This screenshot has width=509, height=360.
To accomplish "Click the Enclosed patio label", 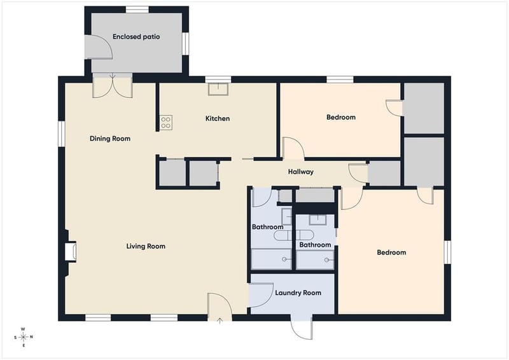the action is click(136, 37).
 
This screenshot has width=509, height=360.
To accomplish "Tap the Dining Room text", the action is click(110, 139).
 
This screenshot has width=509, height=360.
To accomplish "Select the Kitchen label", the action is click(218, 118).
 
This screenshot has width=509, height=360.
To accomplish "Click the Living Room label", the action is click(146, 246).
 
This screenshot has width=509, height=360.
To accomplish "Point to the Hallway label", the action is click(301, 172).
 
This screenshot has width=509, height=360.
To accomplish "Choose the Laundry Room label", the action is click(298, 293).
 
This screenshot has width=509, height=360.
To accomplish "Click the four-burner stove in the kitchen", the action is click(166, 123).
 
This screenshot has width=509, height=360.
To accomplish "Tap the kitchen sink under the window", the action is click(218, 89).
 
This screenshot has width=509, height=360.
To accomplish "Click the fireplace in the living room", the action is click(71, 251).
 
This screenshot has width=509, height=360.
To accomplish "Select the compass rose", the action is click(23, 337).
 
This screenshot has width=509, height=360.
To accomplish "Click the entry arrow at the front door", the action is click(220, 321).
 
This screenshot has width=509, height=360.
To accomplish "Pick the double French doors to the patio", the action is click(113, 85).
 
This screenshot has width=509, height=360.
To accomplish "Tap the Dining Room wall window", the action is click(61, 134).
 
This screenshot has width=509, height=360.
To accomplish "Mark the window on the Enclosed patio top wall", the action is click(137, 10).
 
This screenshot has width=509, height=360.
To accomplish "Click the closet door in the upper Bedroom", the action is click(394, 107).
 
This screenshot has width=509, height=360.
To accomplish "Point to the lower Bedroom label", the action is click(391, 253).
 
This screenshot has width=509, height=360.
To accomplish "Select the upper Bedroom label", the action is click(341, 117).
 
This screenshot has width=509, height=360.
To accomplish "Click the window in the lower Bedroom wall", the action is click(447, 253).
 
